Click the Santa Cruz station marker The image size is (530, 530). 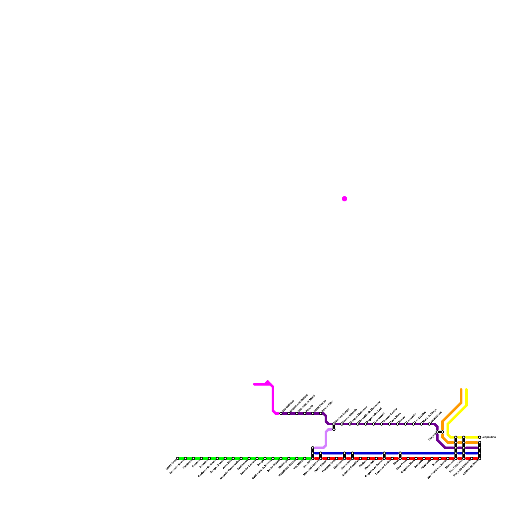coord(178,458)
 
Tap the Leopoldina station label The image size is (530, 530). coord(489,437)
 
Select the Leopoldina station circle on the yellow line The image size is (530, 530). coord(480,437)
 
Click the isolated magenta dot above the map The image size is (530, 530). coord(344,199)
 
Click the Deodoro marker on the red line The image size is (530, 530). coord(313,458)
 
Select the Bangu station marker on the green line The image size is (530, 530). coord(265,458)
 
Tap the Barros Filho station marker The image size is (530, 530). coord(321,413)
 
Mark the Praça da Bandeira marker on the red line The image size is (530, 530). coord(472,458)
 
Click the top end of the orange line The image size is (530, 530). coord(461,390)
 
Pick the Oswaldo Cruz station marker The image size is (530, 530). coord(337,458)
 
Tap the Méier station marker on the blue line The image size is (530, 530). coord(400,453)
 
